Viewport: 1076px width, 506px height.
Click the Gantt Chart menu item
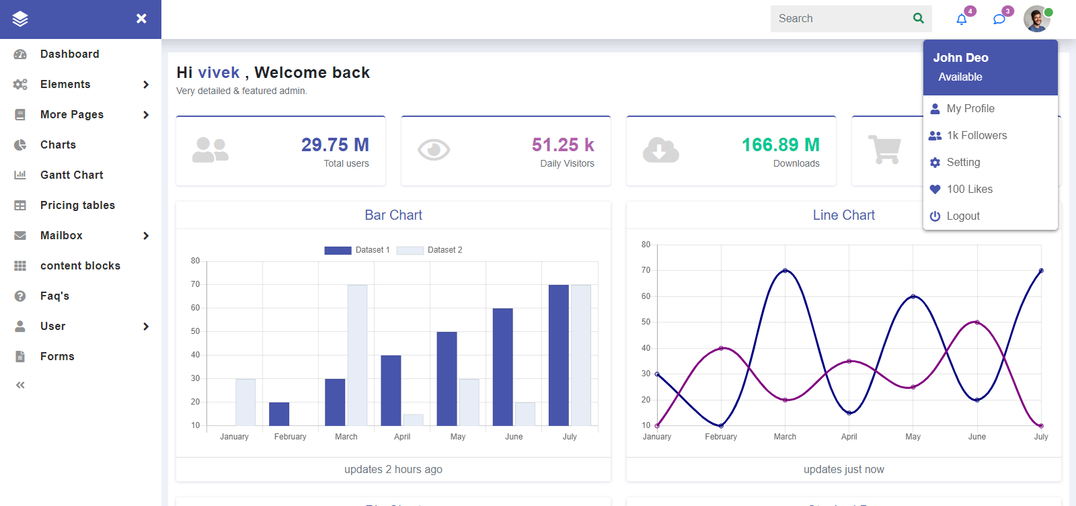(71, 175)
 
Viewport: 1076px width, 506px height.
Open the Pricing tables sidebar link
(77, 205)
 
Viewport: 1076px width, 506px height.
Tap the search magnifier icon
(919, 19)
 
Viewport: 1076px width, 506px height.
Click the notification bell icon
(962, 19)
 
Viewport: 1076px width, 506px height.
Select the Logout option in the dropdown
(962, 216)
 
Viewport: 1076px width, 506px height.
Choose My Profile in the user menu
(970, 108)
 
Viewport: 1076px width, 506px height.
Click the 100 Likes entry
(969, 189)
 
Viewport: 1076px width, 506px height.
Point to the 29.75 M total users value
(335, 145)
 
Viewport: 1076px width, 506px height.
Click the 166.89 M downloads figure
(780, 145)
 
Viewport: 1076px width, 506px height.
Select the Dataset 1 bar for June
(502, 367)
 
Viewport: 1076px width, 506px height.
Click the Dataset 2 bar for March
(357, 355)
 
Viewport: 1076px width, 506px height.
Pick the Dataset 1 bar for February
(279, 414)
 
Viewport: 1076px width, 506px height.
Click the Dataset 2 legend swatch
(410, 250)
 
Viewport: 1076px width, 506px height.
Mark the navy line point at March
(785, 271)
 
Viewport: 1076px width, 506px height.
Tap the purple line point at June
(977, 323)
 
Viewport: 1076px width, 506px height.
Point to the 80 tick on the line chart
(646, 245)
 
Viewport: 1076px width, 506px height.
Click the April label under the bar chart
(402, 437)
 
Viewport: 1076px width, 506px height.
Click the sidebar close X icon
(141, 19)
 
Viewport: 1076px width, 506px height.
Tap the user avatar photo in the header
(1036, 19)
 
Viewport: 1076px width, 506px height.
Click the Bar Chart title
(393, 215)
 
